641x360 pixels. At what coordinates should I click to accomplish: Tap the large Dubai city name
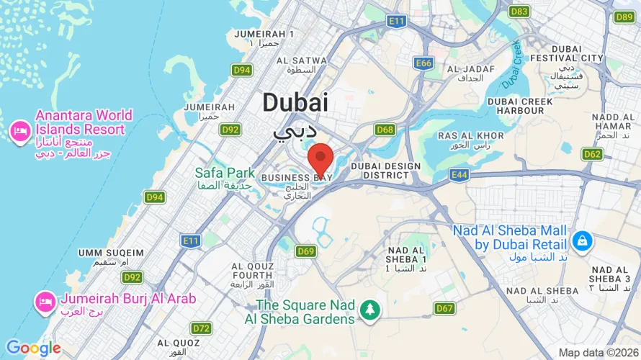(295, 102)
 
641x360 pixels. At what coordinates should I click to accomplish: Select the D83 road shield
(519, 12)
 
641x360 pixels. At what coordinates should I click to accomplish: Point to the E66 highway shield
(423, 63)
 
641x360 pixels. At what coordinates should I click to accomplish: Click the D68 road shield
(385, 130)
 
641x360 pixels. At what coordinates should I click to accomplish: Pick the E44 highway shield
(459, 174)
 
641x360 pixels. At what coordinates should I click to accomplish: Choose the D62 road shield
(593, 154)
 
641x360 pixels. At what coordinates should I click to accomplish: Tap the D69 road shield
(306, 251)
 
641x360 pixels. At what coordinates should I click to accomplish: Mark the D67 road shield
(444, 308)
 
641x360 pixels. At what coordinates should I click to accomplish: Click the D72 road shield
(202, 328)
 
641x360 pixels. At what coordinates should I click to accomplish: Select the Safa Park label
(225, 173)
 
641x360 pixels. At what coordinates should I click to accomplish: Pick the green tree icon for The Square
(371, 309)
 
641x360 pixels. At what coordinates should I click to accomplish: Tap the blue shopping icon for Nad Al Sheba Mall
(580, 240)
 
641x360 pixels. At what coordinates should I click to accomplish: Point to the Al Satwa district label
(301, 60)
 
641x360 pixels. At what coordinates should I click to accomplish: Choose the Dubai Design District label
(385, 171)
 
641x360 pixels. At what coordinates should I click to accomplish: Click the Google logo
(33, 349)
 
